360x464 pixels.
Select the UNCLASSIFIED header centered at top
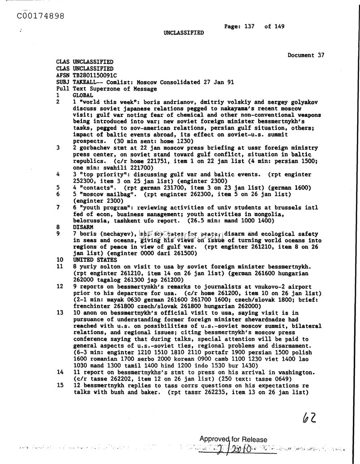[x=183, y=33]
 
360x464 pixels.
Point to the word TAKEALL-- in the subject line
[x=86, y=83]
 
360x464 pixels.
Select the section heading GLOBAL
[x=83, y=96]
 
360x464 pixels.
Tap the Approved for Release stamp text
[x=233, y=440]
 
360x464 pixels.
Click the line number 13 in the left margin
[x=59, y=312]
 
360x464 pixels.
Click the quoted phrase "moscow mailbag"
[x=102, y=194]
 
